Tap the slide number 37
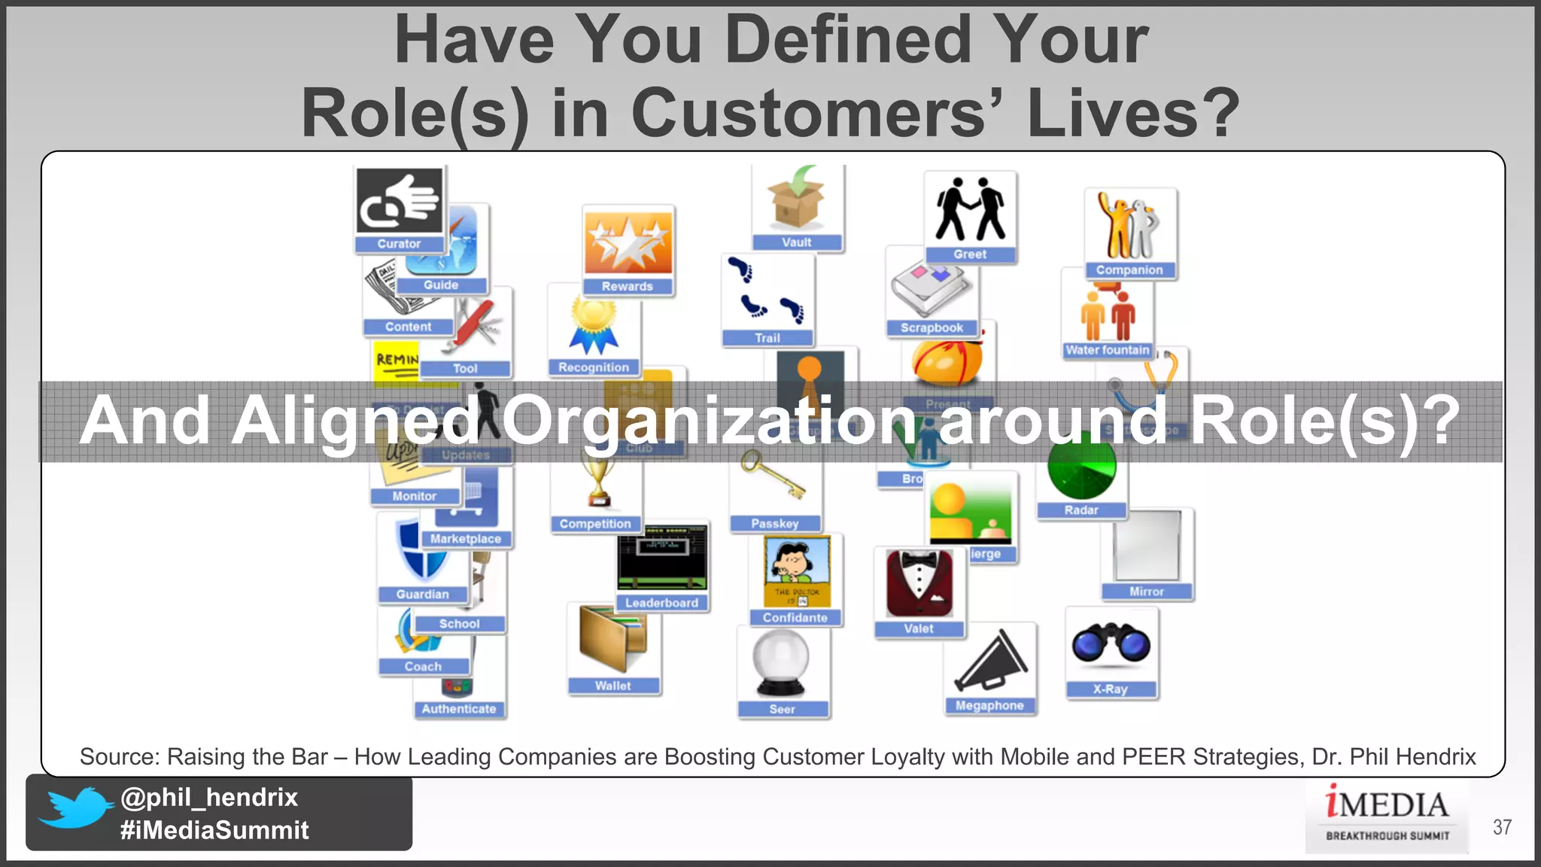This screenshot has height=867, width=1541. point(1502,827)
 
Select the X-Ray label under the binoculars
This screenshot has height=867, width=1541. point(1110,689)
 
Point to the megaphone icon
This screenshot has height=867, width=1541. point(989,662)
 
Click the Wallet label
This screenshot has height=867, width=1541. point(612,686)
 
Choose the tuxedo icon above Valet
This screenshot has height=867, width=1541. point(919,583)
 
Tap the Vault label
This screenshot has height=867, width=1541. point(796,242)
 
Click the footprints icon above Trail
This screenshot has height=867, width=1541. point(766,291)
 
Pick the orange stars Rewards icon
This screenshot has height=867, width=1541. point(628,242)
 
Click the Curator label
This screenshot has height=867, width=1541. point(399,244)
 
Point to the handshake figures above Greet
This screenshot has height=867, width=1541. point(970,210)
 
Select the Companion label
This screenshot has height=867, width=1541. point(1129,269)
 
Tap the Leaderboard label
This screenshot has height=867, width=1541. point(661,603)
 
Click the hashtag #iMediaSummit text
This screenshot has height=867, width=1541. point(214,830)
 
